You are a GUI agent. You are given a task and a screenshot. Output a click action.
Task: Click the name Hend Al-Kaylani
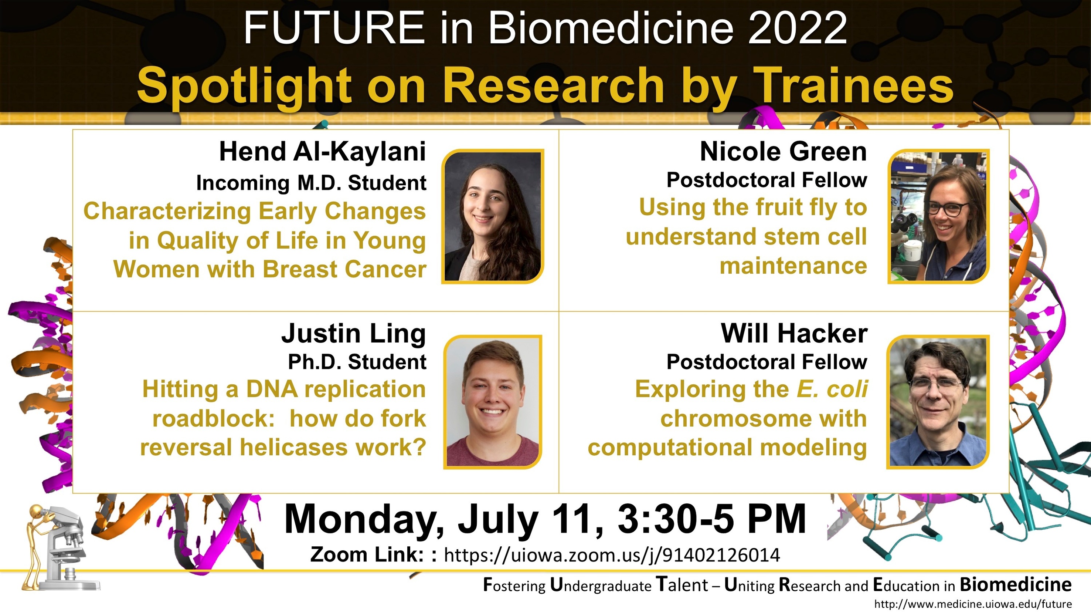click(322, 152)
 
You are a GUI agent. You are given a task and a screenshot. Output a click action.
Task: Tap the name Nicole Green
click(784, 152)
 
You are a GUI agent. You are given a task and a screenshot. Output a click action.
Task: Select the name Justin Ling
click(354, 334)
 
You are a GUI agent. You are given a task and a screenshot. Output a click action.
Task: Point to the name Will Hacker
click(794, 334)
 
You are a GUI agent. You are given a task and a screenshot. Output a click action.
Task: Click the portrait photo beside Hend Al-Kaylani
click(493, 216)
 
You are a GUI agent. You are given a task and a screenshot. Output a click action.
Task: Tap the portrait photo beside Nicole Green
click(938, 216)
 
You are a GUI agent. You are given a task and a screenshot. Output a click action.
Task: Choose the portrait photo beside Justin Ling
click(493, 402)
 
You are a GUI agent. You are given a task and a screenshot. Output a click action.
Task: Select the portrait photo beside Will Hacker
click(938, 402)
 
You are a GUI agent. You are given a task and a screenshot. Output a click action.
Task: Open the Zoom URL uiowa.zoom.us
click(612, 555)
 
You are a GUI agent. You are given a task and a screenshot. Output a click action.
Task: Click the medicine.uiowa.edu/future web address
click(973, 604)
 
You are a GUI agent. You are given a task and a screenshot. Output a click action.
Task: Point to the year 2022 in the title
click(798, 28)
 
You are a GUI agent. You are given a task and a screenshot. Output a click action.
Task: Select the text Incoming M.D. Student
click(311, 183)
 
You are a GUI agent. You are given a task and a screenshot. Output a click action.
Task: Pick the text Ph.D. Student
click(357, 362)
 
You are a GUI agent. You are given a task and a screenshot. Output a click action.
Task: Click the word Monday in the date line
click(365, 521)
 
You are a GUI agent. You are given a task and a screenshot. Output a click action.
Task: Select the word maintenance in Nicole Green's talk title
click(793, 266)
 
